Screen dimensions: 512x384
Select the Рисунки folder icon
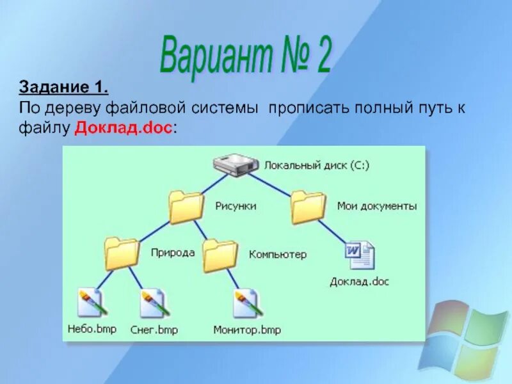[186, 207]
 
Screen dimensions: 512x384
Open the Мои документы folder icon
[308, 207]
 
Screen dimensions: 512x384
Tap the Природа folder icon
[122, 253]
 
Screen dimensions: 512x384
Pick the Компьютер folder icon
[220, 254]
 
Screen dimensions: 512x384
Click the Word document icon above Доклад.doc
[360, 256]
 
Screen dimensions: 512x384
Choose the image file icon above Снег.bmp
[154, 303]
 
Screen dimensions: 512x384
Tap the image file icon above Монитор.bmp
[248, 303]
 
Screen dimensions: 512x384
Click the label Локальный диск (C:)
[317, 164]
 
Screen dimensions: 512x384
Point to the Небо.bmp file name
[91, 330]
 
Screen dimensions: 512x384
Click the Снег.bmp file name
[154, 330]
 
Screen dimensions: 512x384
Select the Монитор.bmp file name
[247, 330]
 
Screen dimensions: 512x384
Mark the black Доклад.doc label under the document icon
[360, 281]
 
